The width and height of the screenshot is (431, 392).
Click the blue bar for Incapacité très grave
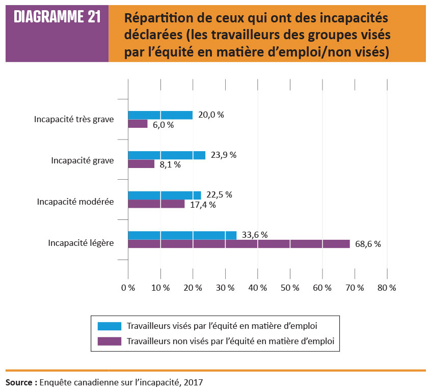160,115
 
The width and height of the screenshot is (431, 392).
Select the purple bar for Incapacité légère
239,244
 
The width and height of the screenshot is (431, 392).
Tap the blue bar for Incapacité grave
167,155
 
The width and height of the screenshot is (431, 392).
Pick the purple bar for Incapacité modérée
156,204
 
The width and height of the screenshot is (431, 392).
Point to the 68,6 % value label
367,244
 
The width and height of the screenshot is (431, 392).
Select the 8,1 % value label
170,164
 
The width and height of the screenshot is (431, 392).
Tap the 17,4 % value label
202,205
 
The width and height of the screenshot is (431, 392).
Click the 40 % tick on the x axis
258,288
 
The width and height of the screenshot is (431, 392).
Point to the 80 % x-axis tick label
387,288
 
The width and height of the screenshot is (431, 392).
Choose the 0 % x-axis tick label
128,288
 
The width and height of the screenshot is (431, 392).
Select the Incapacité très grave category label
74,120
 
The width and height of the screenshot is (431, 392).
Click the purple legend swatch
107,341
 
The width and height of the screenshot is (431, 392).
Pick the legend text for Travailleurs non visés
230,341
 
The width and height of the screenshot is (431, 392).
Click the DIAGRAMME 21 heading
57,17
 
